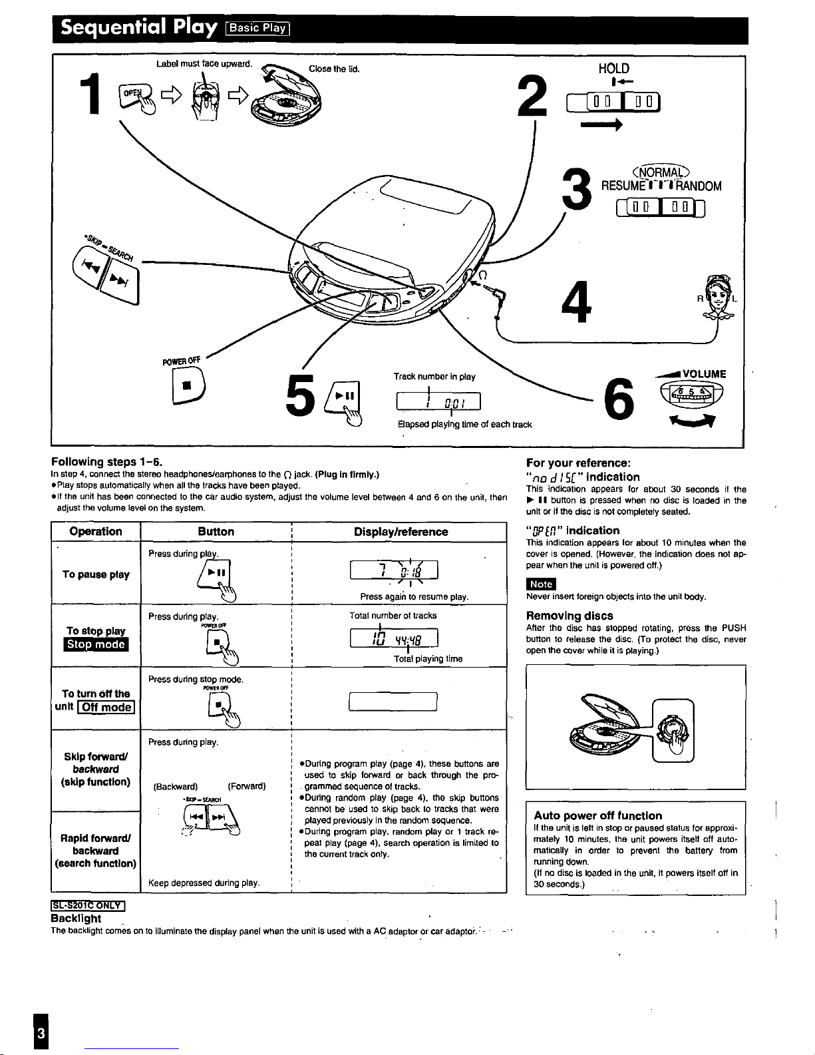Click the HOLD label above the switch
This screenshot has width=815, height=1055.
pos(613,69)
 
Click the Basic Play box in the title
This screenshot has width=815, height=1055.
pos(257,27)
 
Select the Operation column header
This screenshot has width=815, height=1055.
pos(96,531)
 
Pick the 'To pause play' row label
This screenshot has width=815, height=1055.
pos(96,574)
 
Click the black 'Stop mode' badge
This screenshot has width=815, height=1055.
pos(96,644)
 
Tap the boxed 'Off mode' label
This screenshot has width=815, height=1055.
pos(106,707)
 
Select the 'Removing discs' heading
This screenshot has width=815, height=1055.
pos(570,616)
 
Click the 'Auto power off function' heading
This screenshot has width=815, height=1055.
pos(598,815)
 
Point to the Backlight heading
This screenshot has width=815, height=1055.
pos(77,919)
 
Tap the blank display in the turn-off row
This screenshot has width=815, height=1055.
pos(393,702)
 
